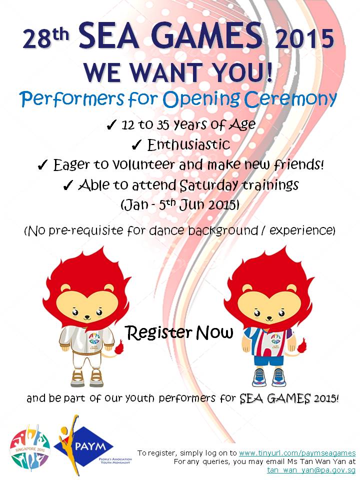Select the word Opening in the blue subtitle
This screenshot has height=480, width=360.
click(201, 99)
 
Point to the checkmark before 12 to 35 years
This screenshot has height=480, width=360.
click(111, 125)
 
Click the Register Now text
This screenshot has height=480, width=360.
click(179, 332)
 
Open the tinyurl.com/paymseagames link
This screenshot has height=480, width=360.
click(297, 453)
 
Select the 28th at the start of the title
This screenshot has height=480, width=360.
click(45, 38)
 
